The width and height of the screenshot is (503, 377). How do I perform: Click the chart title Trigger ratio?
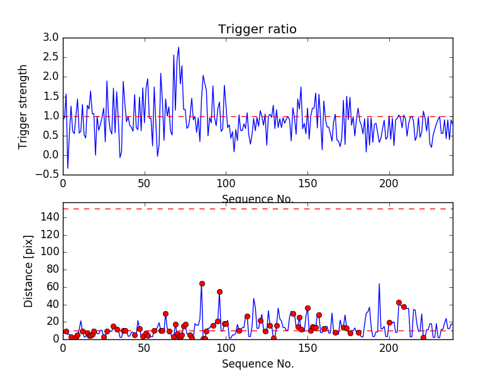(x=257, y=30)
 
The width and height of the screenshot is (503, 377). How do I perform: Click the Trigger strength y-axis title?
(x=23, y=106)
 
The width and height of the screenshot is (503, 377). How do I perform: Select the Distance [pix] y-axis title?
(x=29, y=275)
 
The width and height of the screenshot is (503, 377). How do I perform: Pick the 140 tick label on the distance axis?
(x=50, y=217)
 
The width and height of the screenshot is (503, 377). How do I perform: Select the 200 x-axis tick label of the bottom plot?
(x=389, y=347)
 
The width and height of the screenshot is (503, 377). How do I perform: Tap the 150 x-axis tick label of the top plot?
(x=307, y=183)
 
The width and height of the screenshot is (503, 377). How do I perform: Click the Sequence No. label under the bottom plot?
(x=257, y=364)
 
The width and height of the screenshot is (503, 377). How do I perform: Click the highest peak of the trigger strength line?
(x=179, y=47)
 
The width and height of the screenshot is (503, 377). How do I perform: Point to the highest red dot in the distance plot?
(x=202, y=283)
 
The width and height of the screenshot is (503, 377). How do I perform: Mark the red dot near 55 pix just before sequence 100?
(x=219, y=292)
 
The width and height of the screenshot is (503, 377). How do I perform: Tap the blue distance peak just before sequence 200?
(x=379, y=283)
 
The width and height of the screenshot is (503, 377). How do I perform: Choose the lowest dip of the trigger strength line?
(x=68, y=168)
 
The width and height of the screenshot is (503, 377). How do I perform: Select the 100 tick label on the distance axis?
(x=50, y=252)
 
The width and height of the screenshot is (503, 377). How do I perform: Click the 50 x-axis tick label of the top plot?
(x=144, y=183)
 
